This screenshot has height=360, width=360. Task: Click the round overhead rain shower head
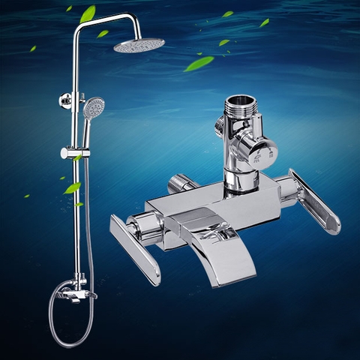click(139, 45)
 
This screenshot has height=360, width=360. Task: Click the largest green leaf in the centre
click(199, 63)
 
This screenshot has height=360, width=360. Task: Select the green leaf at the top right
click(264, 23)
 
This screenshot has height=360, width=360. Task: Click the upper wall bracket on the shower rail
click(68, 100)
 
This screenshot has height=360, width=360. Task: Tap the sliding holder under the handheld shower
click(75, 152)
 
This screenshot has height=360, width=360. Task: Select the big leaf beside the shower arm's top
click(88, 13)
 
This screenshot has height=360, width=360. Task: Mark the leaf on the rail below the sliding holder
click(73, 187)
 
